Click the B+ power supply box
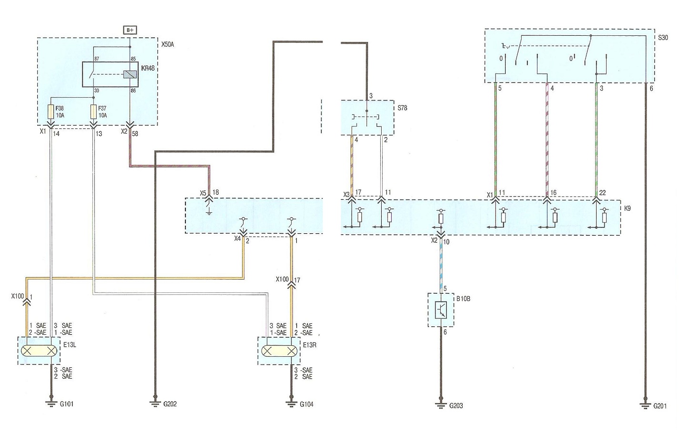(130, 30)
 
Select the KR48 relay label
(148, 68)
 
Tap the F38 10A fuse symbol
(51, 112)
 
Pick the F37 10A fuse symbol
(93, 112)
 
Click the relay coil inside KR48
(130, 74)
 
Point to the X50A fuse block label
(168, 44)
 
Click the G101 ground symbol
(51, 404)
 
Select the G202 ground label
(170, 404)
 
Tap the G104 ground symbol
(292, 404)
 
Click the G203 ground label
(456, 406)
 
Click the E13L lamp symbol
(39, 351)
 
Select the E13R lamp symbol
(279, 351)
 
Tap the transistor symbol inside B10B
(441, 310)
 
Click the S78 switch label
(402, 108)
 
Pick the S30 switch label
(663, 38)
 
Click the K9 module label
(627, 208)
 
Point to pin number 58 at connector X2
(135, 134)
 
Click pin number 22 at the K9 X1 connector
(603, 193)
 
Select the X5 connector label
(203, 193)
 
